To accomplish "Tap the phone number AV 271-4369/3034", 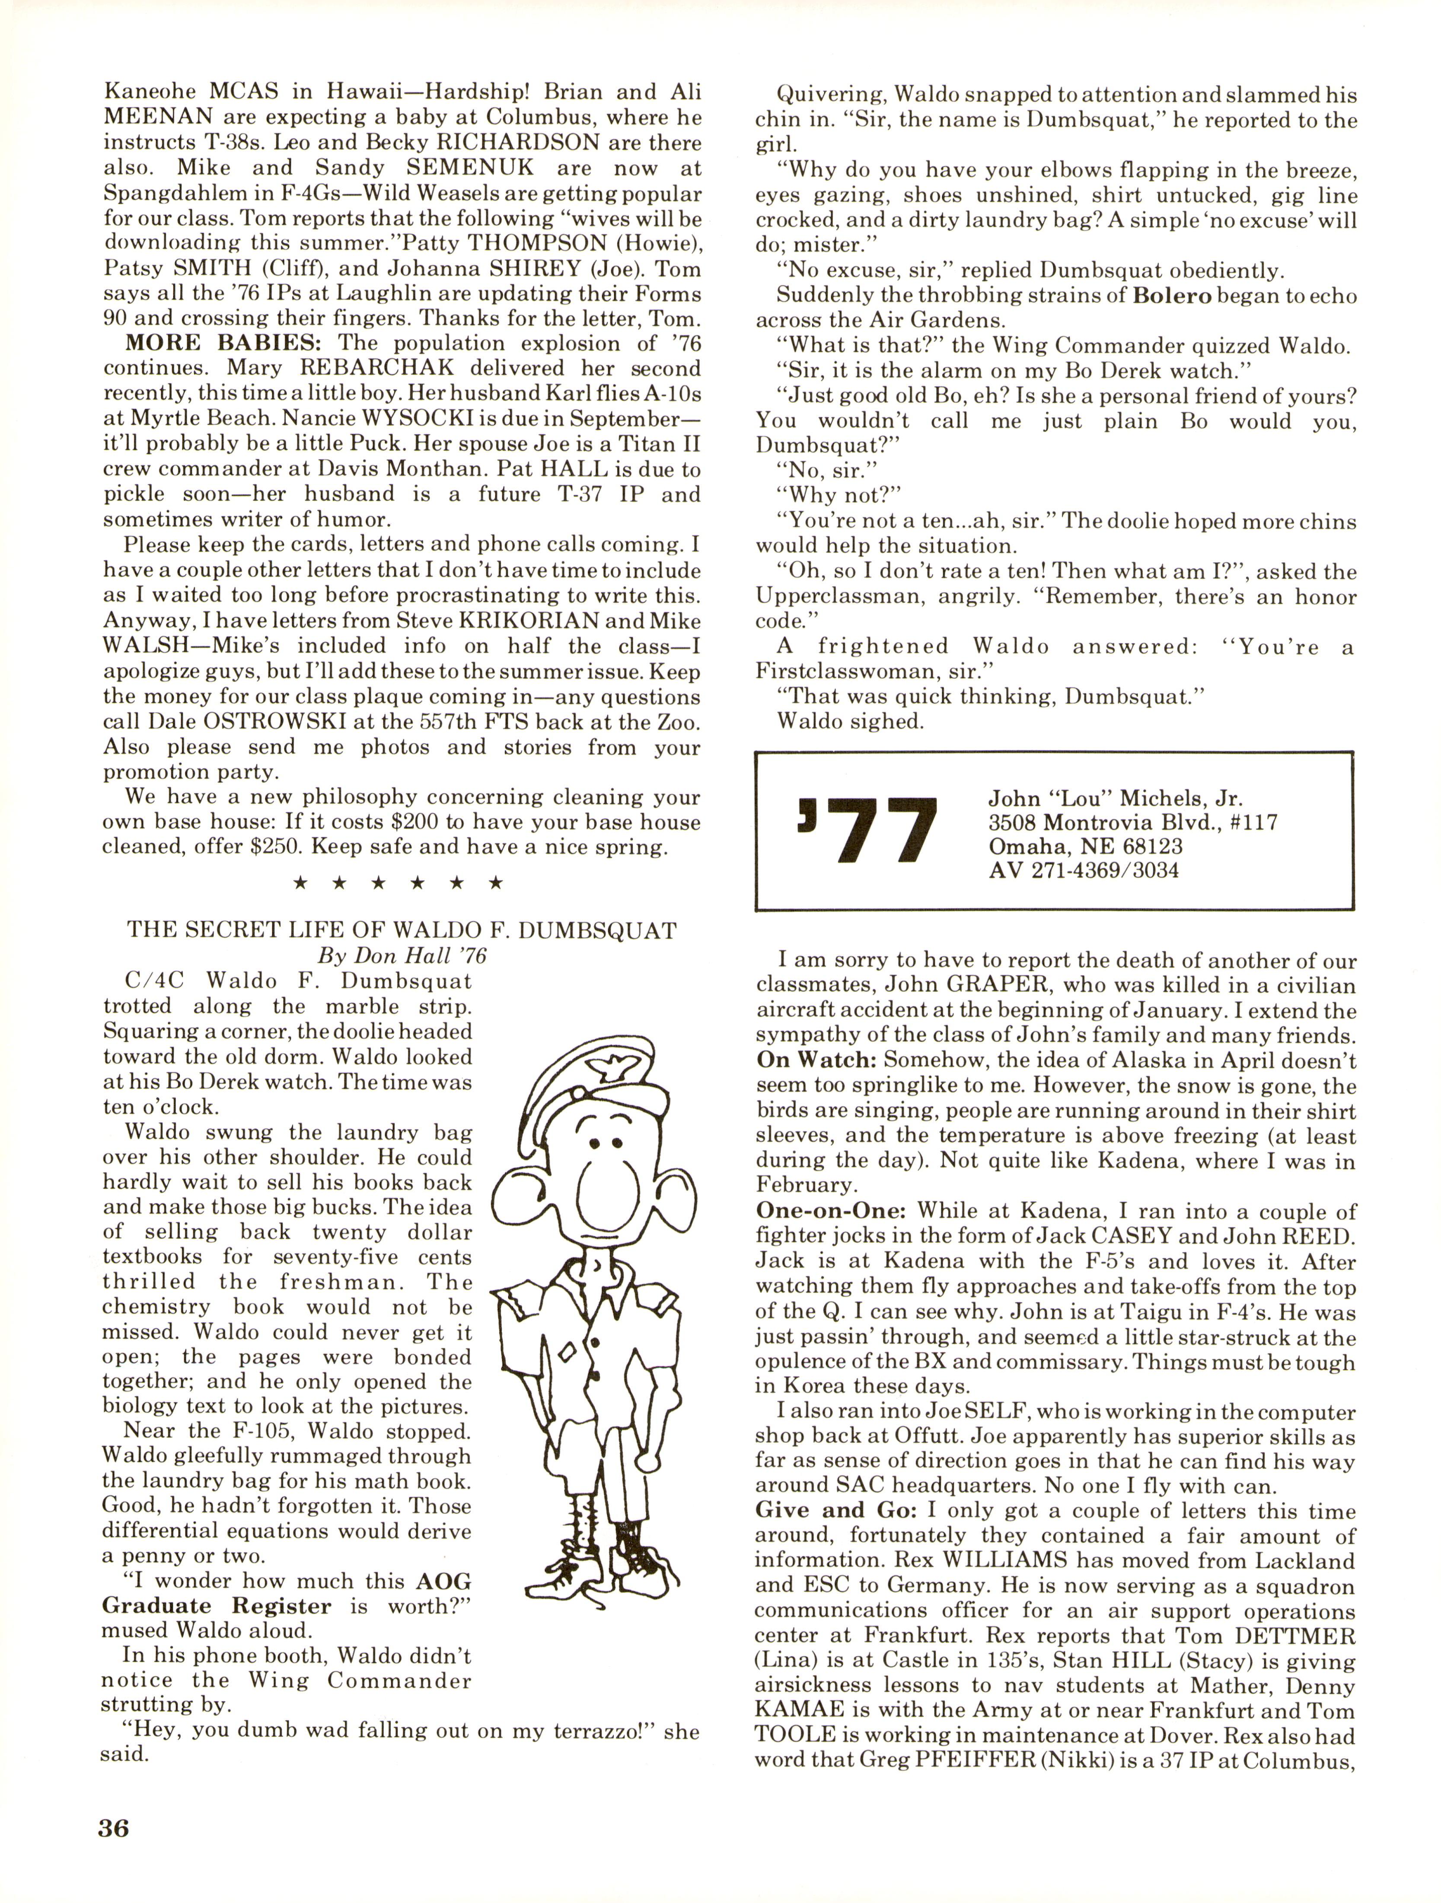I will tap(1083, 870).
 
